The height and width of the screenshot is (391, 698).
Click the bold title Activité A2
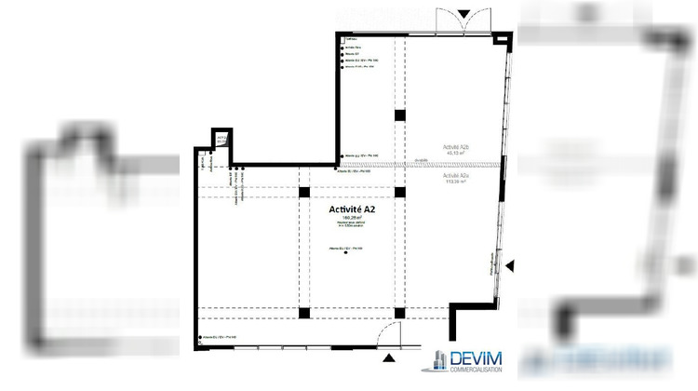pyautogui.click(x=352, y=209)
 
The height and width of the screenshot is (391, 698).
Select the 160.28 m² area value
pyautogui.click(x=351, y=220)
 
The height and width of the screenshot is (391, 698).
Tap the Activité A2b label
pyautogui.click(x=455, y=147)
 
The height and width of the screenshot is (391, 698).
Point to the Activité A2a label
pyautogui.click(x=455, y=175)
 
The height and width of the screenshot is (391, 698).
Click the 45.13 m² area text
pyautogui.click(x=455, y=155)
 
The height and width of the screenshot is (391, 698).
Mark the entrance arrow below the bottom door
pyautogui.click(x=388, y=357)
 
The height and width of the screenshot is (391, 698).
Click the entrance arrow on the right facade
pyautogui.click(x=509, y=267)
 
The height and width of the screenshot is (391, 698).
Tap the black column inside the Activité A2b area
pyautogui.click(x=399, y=115)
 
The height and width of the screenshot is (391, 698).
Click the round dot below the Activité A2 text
pyautogui.click(x=345, y=265)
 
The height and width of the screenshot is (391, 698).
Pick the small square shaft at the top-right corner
pyautogui.click(x=503, y=39)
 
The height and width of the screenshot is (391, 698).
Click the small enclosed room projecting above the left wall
pyautogui.click(x=221, y=139)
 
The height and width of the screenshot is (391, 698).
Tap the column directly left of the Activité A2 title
pyautogui.click(x=304, y=193)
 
